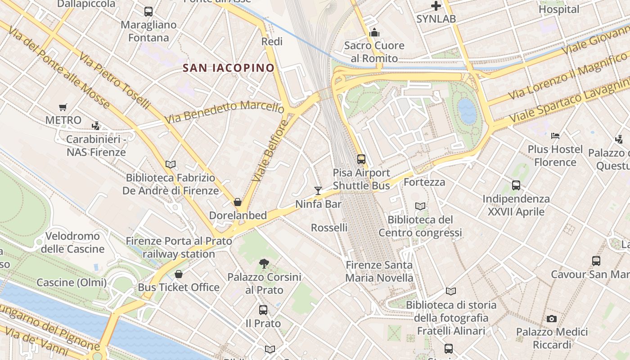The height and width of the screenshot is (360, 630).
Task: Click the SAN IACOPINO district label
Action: (x=229, y=68)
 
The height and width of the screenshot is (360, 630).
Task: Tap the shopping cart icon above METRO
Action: (x=63, y=107)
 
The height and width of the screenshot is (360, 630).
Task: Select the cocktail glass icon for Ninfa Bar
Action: (x=318, y=190)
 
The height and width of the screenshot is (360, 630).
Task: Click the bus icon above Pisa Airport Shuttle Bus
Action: (x=361, y=159)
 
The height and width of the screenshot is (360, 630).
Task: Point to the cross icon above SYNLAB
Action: (x=436, y=6)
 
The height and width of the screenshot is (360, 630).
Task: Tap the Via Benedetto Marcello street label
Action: (x=224, y=112)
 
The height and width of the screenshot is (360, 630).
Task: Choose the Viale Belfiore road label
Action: (x=270, y=151)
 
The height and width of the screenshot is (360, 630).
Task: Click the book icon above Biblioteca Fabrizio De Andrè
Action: (x=171, y=164)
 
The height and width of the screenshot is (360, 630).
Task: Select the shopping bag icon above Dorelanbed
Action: (x=238, y=202)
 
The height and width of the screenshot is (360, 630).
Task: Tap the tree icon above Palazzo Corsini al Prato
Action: (x=264, y=264)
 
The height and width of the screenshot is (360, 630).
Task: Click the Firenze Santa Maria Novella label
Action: (x=379, y=271)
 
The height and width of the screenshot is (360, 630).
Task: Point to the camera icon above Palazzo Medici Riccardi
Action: (x=552, y=319)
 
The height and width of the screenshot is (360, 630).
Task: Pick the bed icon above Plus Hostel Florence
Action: (x=555, y=135)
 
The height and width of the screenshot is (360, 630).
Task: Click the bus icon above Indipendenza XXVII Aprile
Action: (x=516, y=185)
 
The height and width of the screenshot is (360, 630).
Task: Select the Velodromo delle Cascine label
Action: (x=72, y=243)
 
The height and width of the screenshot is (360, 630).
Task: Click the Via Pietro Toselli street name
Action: (x=114, y=81)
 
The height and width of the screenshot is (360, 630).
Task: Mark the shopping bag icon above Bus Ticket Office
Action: (x=179, y=274)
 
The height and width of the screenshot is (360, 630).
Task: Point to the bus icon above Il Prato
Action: (x=263, y=310)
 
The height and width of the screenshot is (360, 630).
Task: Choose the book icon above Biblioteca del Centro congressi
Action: (x=420, y=206)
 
